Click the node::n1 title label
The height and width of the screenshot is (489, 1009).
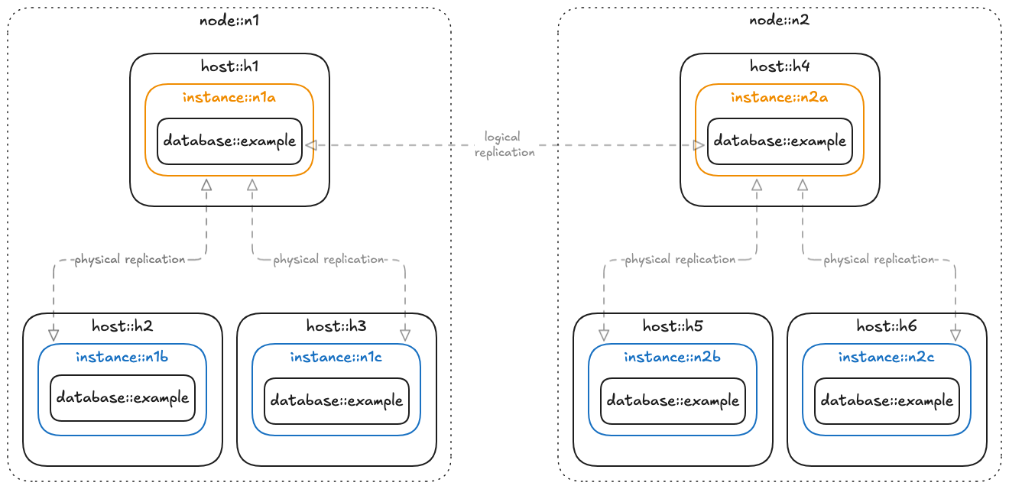[x=229, y=20]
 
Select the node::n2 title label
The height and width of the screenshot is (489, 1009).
[x=779, y=20]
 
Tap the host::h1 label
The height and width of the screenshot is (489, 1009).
[x=229, y=66]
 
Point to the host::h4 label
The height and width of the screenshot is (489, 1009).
[x=780, y=66]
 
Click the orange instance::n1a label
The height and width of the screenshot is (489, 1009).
[x=229, y=97]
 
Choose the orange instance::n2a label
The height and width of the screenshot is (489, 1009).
[x=779, y=97]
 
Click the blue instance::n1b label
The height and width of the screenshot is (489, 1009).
[x=122, y=357]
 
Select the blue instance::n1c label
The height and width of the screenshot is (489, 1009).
[x=336, y=357]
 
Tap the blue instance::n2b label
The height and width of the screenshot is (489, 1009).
[x=672, y=357]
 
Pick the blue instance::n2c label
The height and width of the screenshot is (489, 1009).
[x=886, y=357]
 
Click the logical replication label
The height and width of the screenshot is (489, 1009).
[x=503, y=144]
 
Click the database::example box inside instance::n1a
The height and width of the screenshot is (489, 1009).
[x=229, y=141]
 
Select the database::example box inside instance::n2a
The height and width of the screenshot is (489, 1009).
[x=779, y=141]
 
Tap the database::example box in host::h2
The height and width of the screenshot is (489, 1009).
[x=122, y=398]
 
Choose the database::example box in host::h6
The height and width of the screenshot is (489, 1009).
[x=887, y=401]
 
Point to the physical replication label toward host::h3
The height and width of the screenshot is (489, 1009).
[x=329, y=260]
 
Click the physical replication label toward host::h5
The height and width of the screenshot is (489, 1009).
[x=680, y=260]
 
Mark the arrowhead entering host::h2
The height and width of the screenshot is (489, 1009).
[x=54, y=335]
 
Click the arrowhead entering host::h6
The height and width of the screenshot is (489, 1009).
[x=955, y=335]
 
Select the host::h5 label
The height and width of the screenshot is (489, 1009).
[x=673, y=326]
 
